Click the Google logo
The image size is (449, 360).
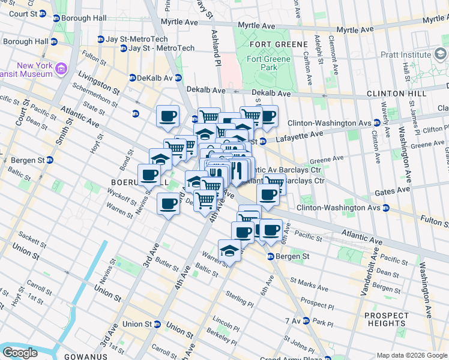tap(20, 353)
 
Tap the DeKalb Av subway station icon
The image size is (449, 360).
tap(134, 78)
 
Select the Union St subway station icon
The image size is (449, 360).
tap(157, 325)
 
